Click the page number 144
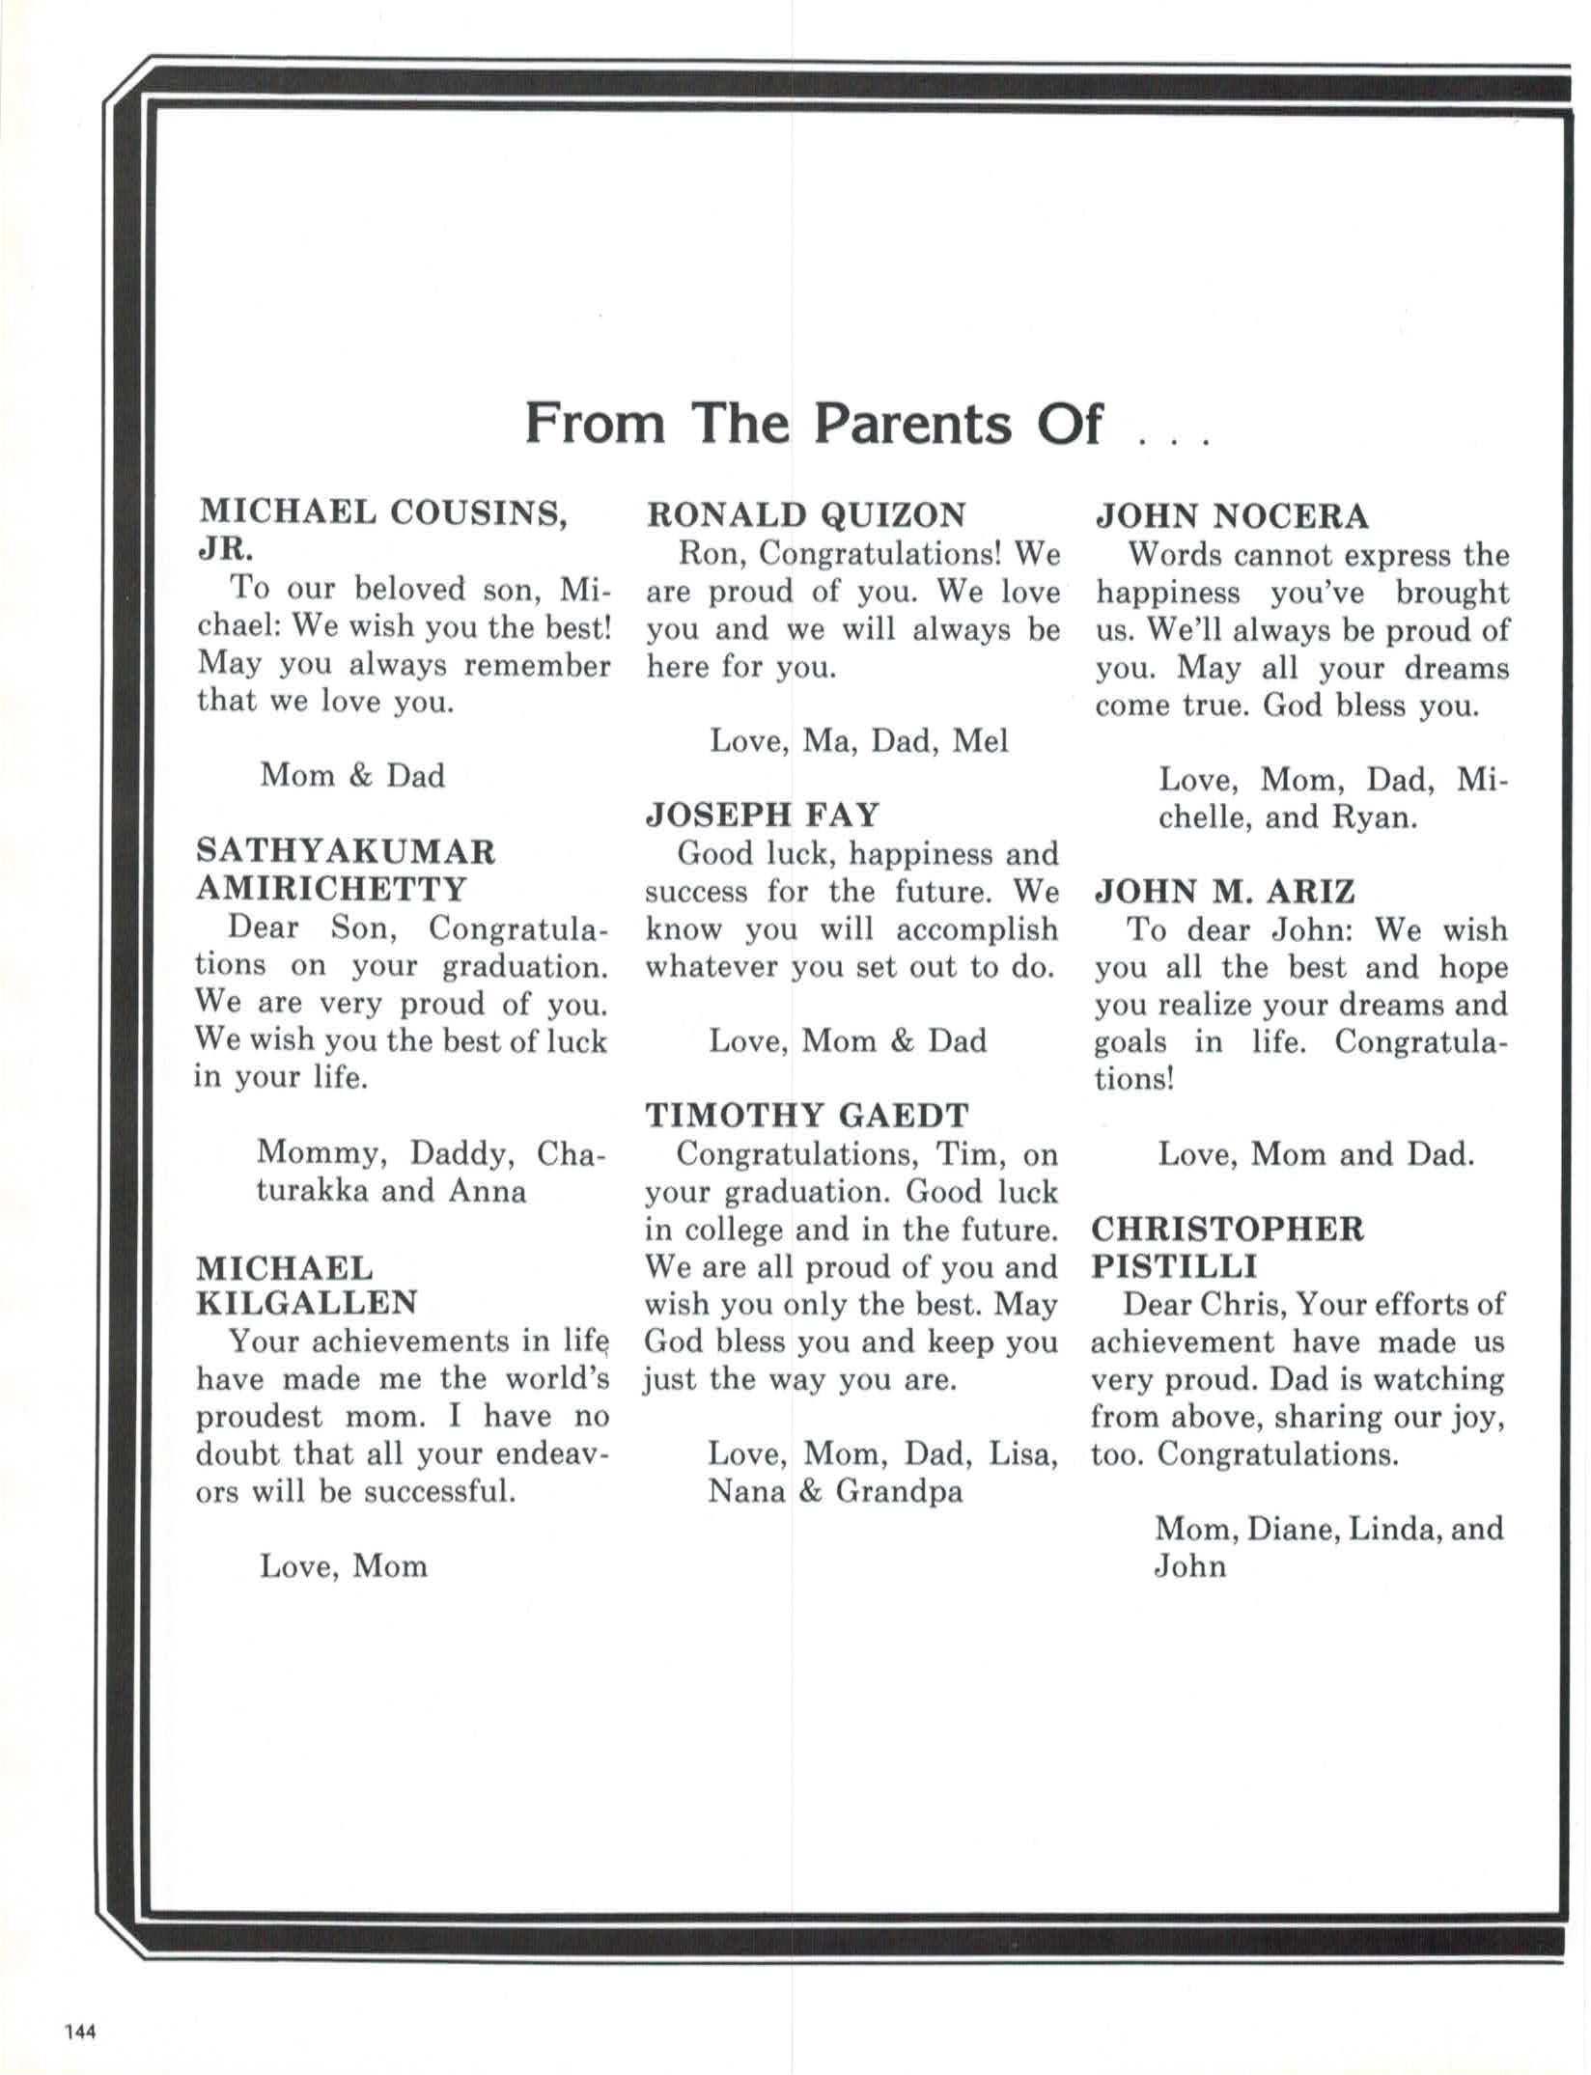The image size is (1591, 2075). coord(80,2031)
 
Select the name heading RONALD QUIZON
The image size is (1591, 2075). coord(805,514)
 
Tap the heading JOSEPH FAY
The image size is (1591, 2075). coord(762,815)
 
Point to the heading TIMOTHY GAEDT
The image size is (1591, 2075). coord(806,1116)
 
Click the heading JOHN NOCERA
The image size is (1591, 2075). coord(1231,516)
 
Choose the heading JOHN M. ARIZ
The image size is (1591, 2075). coord(1224,891)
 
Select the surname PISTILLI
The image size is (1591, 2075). coord(1174,1266)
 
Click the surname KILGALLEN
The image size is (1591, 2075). coord(307,1303)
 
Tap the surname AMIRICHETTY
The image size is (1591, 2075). coord(331,888)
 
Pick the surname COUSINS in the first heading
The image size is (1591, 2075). coord(477,512)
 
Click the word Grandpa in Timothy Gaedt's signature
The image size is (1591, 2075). coord(899,1491)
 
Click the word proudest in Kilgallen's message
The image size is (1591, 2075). coord(259,1417)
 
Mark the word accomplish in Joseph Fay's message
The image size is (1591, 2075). coord(976,929)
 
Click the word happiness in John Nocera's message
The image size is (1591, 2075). coord(1167,593)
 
